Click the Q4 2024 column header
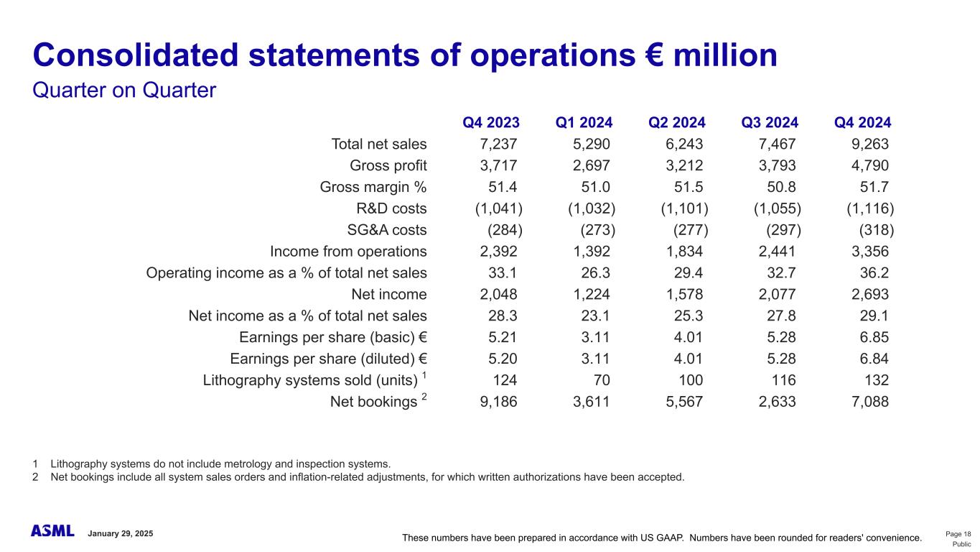(x=862, y=122)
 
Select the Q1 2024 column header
(x=584, y=122)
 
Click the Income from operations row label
(x=348, y=252)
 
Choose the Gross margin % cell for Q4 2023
(x=499, y=187)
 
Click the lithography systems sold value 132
(x=876, y=380)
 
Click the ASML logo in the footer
(x=52, y=531)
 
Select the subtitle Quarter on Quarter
(x=124, y=91)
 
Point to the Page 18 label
(x=958, y=533)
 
